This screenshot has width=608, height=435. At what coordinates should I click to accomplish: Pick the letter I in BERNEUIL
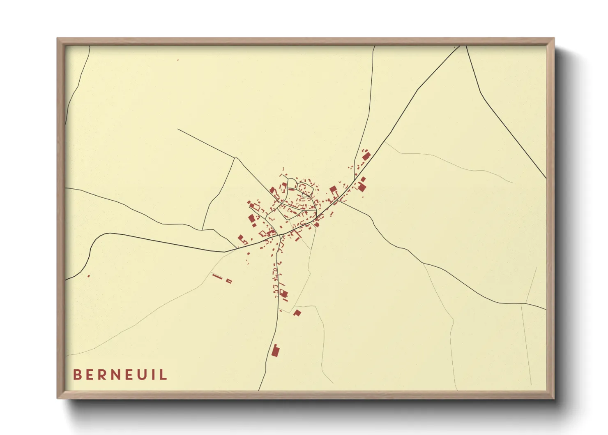(154, 375)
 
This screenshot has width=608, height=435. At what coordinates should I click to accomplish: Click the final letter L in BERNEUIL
(164, 375)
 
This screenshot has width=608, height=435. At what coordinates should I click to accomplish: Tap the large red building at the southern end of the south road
(275, 351)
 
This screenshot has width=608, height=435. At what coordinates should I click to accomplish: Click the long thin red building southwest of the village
(216, 276)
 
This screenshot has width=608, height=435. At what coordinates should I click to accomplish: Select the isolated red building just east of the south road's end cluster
(297, 313)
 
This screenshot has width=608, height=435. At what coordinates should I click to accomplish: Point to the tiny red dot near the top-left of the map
(178, 60)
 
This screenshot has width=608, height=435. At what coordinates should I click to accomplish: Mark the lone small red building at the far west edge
(88, 276)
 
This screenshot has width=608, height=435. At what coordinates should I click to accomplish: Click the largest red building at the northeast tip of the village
(366, 156)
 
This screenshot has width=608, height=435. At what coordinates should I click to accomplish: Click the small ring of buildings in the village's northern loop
(304, 188)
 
